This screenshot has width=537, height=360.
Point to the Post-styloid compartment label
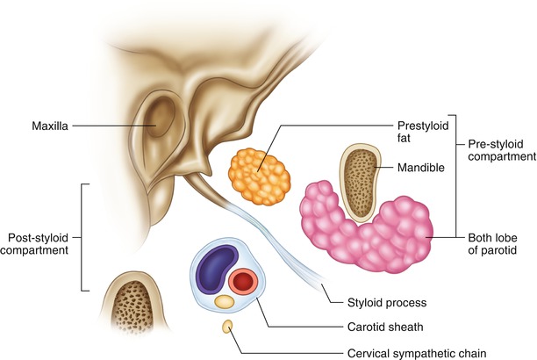39,245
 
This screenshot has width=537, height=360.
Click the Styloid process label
381,303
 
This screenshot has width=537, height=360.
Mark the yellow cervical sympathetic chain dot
228,327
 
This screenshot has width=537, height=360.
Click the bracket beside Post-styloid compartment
83,237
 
